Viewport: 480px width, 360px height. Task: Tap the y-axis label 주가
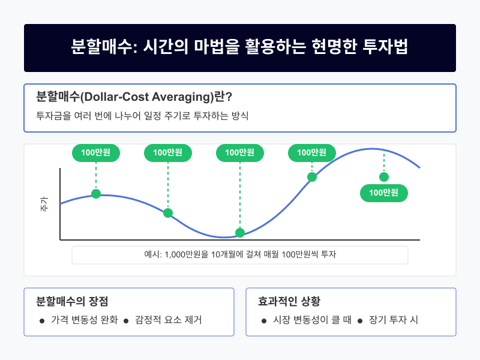pos(44,204)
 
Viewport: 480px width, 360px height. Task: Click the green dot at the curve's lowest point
pos(240,233)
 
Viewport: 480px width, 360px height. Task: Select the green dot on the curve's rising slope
pos(312,177)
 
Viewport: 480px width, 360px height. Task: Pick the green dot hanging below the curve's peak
pos(384,177)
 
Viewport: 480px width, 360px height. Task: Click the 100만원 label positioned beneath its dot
pos(384,193)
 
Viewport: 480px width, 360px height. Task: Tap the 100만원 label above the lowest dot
pos(240,153)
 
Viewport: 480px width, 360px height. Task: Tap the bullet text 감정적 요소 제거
pos(169,320)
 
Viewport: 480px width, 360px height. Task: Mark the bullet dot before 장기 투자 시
pos(361,320)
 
